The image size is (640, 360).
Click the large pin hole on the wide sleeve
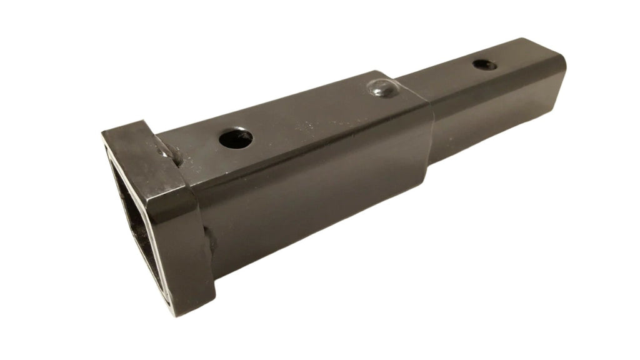pos(236,138)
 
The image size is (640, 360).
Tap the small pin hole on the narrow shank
pos(484,64)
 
